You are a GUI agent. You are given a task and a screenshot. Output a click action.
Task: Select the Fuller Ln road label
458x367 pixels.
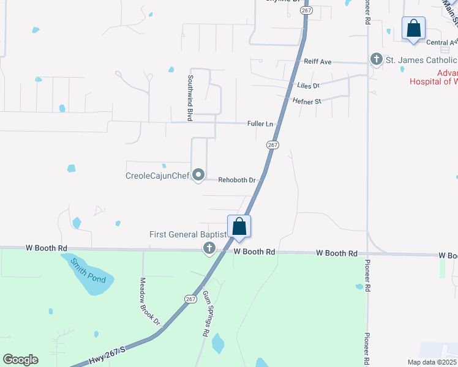260,124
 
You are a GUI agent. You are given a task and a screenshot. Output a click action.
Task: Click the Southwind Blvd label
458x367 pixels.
190,97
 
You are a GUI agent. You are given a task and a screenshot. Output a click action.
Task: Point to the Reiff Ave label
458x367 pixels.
317,62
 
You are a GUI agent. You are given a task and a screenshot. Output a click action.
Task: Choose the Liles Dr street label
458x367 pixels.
308,86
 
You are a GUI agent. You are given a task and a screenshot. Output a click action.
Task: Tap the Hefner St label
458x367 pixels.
307,101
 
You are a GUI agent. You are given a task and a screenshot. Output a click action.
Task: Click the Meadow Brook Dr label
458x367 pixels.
149,301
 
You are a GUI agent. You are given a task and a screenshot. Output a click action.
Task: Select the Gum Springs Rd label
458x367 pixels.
206,314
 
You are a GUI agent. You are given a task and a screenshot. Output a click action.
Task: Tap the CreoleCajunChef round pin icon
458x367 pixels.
198,176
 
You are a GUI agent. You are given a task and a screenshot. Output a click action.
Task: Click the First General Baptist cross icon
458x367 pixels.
209,248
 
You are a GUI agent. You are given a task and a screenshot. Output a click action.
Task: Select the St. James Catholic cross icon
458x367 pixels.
376,59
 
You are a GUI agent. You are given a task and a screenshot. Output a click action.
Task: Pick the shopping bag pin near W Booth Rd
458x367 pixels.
239,227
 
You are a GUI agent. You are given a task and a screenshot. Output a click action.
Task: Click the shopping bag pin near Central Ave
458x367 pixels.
413,29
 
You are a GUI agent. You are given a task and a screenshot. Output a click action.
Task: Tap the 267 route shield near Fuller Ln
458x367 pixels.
273,145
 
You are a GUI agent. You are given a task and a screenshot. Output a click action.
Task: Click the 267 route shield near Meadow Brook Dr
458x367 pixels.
190,298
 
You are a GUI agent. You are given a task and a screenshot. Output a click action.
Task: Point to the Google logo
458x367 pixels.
20,360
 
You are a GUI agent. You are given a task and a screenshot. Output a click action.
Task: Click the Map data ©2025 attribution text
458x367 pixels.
432,362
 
